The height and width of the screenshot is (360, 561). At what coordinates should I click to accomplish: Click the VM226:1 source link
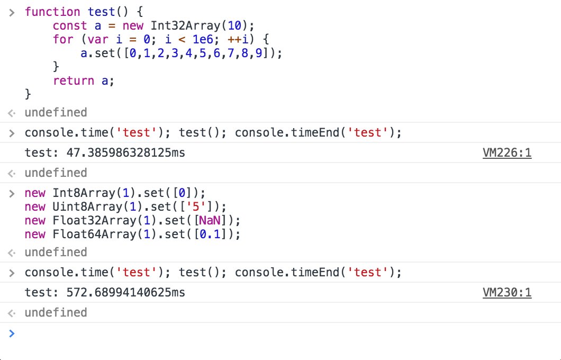pyautogui.click(x=506, y=154)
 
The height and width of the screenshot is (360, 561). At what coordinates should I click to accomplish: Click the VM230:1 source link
pyautogui.click(x=506, y=292)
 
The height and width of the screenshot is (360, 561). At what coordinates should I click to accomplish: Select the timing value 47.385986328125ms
pyautogui.click(x=126, y=154)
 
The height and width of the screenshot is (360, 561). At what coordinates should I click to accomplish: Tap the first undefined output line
pyautogui.click(x=56, y=112)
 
